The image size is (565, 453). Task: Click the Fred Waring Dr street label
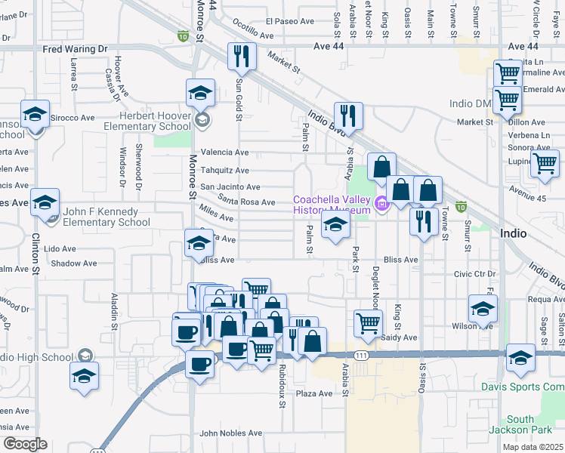(76, 49)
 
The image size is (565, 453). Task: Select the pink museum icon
(381, 202)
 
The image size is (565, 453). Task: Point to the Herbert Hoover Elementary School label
(155, 120)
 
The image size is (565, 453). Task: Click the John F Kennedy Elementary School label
(106, 217)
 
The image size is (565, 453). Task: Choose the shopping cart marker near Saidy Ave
(368, 322)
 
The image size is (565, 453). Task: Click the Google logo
(25, 444)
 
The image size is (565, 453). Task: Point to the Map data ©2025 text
(533, 447)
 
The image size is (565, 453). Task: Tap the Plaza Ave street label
(314, 393)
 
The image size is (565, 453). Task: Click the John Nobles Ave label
(230, 433)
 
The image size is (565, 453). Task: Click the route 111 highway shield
(363, 354)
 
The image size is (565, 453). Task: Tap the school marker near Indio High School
(84, 375)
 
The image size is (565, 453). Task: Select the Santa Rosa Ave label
(247, 202)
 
